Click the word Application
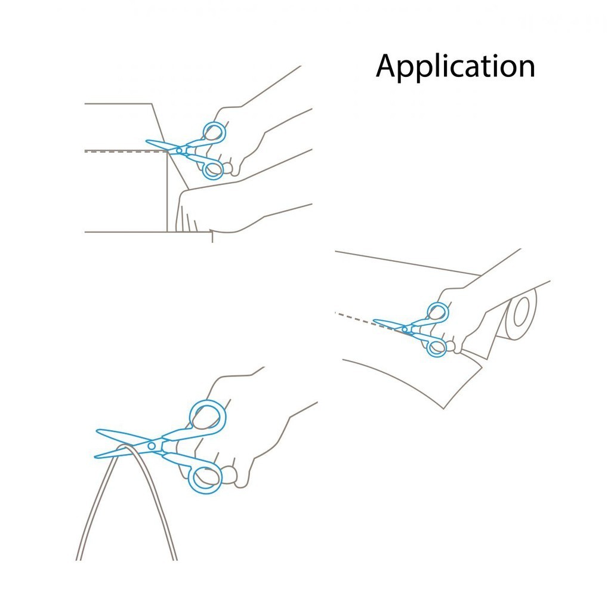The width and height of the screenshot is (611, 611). pyautogui.click(x=455, y=66)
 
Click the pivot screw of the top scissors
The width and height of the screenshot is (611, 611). pyautogui.click(x=179, y=150)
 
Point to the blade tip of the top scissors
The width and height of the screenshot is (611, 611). pyautogui.click(x=146, y=141)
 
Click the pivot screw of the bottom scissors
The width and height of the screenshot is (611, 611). pyautogui.click(x=151, y=446)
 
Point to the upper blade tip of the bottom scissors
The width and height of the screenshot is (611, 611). pyautogui.click(x=97, y=431)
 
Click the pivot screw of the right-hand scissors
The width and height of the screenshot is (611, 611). pyautogui.click(x=405, y=329)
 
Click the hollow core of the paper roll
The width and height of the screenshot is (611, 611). pyautogui.click(x=521, y=311)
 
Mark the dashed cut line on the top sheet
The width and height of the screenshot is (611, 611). pyautogui.click(x=126, y=152)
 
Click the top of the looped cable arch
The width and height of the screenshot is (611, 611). pyautogui.click(x=125, y=446)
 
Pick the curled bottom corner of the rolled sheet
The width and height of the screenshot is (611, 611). pyautogui.click(x=443, y=408)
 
